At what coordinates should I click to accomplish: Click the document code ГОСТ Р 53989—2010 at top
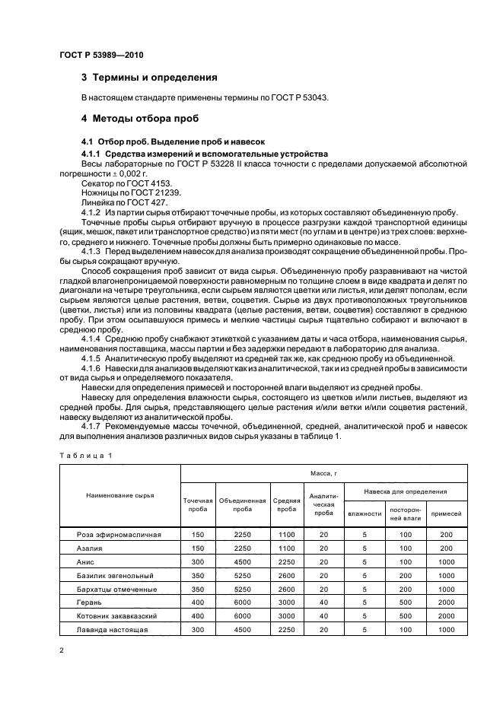[x=100, y=56]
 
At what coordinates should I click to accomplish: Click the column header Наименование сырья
[x=119, y=495]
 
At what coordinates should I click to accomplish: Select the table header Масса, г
[x=316, y=472]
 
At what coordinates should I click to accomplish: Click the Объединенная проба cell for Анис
[x=242, y=561]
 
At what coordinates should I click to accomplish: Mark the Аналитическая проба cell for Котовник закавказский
[x=324, y=616]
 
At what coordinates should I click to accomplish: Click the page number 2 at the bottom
[x=62, y=651]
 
